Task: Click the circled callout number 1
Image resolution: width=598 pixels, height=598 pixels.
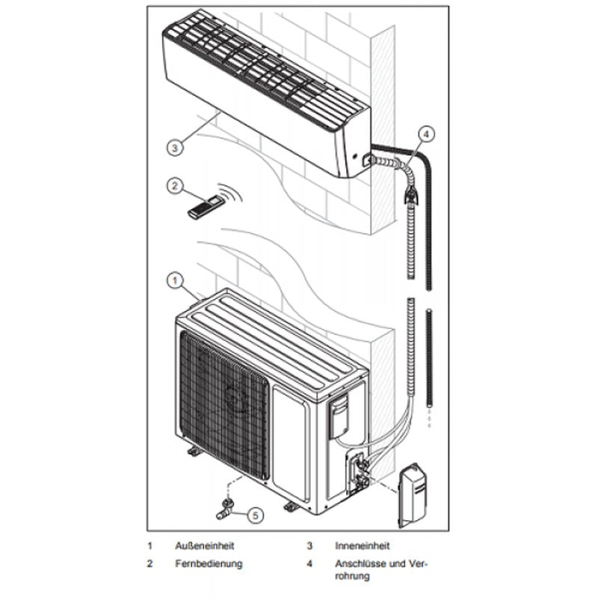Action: pyautogui.click(x=173, y=281)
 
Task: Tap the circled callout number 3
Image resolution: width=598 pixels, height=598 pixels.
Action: pyautogui.click(x=173, y=147)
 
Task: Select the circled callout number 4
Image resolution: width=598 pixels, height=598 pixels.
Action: pyautogui.click(x=425, y=135)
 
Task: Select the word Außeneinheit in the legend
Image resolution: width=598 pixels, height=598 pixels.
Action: pyautogui.click(x=200, y=546)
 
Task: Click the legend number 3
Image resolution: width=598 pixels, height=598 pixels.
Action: pyautogui.click(x=309, y=546)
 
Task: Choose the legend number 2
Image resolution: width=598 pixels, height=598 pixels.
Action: pyautogui.click(x=150, y=563)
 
